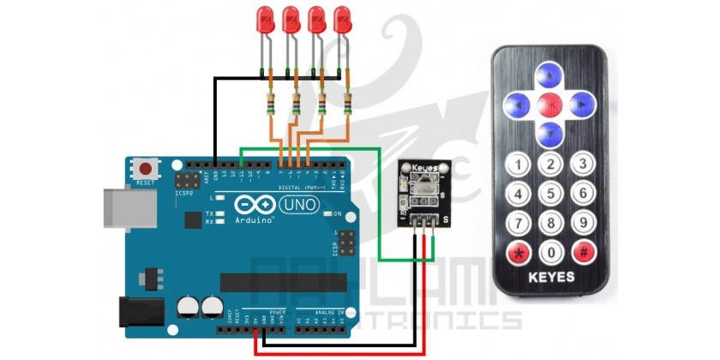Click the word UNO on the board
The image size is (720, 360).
[297, 205]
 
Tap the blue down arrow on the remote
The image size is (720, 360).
[549, 133]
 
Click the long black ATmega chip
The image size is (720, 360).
[283, 282]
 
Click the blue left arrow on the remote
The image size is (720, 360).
[518, 105]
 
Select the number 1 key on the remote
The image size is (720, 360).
[517, 163]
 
